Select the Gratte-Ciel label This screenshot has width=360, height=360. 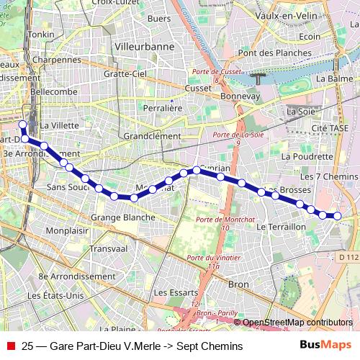click(125, 73)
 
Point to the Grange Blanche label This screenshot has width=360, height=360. click(122, 217)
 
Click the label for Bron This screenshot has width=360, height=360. click(238, 284)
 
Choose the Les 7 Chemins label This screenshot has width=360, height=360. click(328, 176)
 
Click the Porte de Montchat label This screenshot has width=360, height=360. click(218, 222)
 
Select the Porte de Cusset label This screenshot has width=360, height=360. click(214, 74)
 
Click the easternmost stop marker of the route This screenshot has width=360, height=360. click(336, 215)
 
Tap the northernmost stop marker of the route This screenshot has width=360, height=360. click(22, 124)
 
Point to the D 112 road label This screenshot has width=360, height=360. click(347, 257)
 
